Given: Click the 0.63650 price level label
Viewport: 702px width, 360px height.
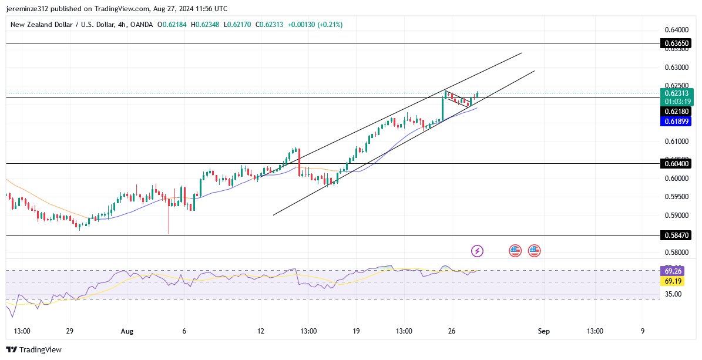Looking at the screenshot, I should (676, 43).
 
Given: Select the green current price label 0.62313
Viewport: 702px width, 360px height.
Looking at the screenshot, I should (677, 93).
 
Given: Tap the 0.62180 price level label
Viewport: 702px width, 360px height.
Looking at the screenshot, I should (676, 112).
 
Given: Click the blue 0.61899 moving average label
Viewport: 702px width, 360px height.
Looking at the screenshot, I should (676, 122).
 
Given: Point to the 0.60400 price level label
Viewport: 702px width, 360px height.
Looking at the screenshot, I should (676, 164).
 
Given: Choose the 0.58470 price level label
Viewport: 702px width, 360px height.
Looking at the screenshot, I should (676, 235).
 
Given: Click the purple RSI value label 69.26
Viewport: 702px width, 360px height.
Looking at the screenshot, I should (673, 271).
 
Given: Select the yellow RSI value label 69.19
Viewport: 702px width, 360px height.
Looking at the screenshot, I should (673, 282).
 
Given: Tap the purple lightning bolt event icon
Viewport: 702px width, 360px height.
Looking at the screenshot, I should (477, 251).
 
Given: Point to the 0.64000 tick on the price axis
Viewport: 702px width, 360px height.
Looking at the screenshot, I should (676, 30).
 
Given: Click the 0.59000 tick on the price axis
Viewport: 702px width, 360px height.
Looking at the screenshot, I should (676, 216).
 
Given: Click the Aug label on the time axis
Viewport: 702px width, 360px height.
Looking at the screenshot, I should (127, 331).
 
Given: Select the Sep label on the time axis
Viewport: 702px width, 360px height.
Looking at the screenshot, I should (543, 331).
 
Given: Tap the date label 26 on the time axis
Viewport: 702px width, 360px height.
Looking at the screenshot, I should (452, 331).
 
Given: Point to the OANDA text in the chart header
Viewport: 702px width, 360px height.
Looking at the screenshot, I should (142, 25).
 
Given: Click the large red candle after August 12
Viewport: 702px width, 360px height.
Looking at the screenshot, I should (300, 163).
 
